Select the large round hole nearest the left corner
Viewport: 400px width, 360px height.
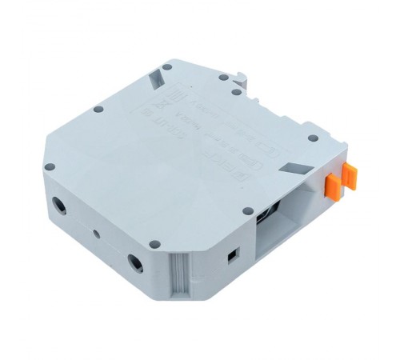(60, 205)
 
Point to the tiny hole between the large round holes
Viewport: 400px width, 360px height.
(96, 234)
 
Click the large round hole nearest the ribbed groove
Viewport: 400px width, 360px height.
(136, 261)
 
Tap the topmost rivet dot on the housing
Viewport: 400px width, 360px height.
(166, 67)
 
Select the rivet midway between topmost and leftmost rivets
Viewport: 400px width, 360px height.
(98, 109)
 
